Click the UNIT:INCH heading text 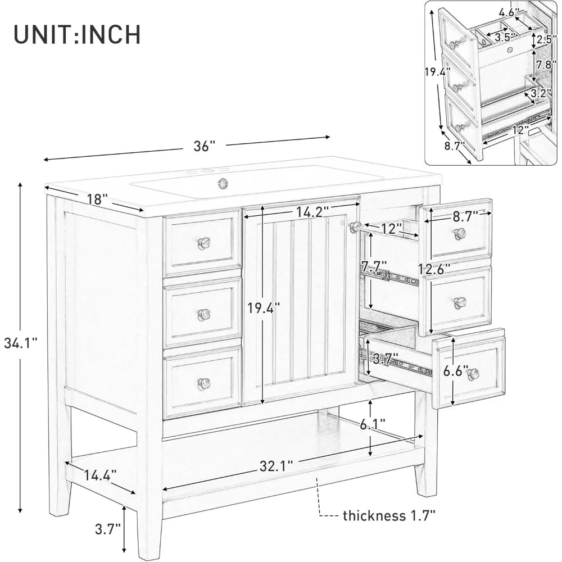pos(78,34)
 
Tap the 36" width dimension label pos(205,146)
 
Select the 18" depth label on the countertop pos(98,200)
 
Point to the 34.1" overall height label pos(21,343)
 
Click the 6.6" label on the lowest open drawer pos(454,371)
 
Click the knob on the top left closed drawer pos(204,242)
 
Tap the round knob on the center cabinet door pos(355,226)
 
